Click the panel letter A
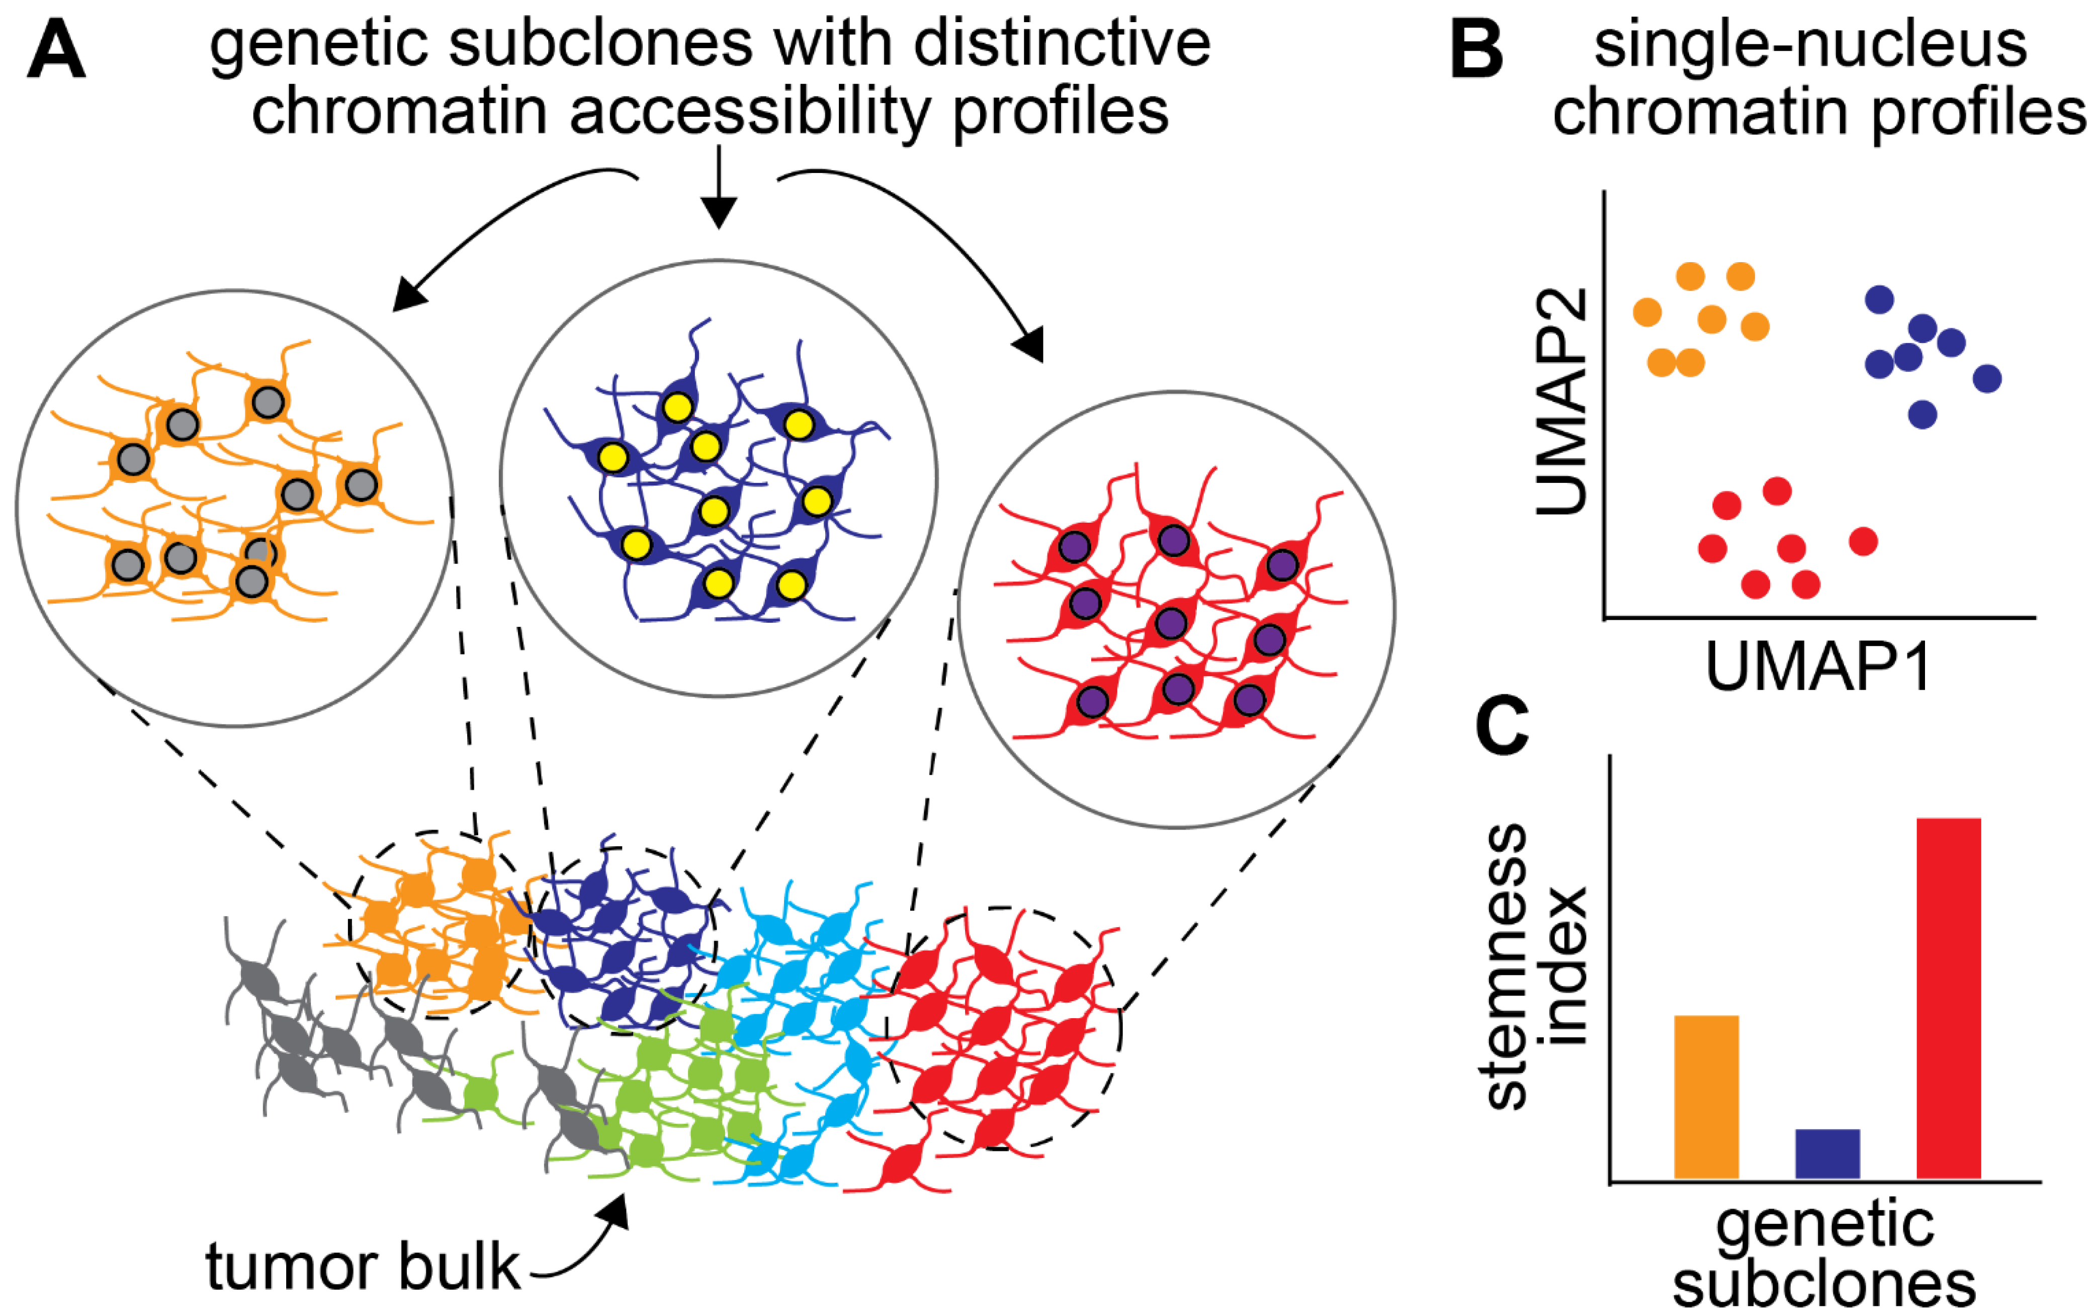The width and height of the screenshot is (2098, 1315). point(56,52)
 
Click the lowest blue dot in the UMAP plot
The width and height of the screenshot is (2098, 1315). point(1922,414)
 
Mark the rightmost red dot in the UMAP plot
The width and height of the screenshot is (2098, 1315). point(1863,541)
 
